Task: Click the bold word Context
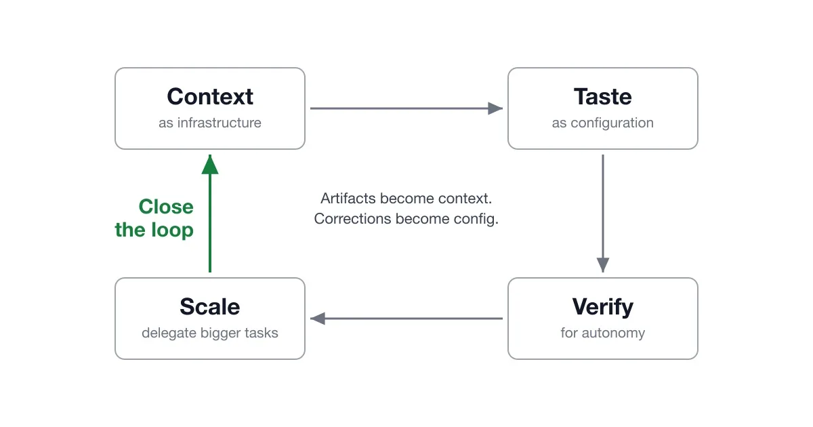(210, 96)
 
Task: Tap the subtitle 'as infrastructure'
(210, 123)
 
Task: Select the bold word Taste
(603, 96)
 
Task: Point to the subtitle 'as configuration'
(603, 123)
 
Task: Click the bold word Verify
(603, 308)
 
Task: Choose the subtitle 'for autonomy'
(603, 333)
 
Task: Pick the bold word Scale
(210, 307)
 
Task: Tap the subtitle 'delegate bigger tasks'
(210, 333)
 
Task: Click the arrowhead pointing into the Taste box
(495, 108)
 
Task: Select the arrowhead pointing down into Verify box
(603, 265)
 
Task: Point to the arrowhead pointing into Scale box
(318, 319)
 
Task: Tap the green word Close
(166, 207)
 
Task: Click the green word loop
(172, 231)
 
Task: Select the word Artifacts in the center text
(348, 199)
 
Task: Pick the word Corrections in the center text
(353, 219)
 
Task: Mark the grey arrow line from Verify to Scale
(406, 319)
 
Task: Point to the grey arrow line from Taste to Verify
(603, 213)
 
